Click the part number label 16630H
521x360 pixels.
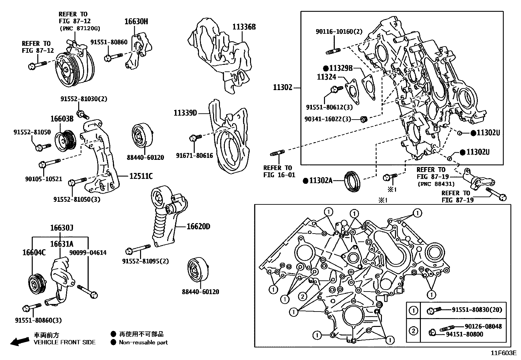(x=136, y=22)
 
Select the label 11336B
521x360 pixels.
(x=244, y=27)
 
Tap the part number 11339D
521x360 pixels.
(x=185, y=113)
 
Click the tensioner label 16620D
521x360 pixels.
(x=198, y=226)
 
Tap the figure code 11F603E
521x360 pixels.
(x=503, y=353)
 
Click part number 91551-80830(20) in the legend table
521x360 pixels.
(x=477, y=310)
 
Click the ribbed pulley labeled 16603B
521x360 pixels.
(x=65, y=141)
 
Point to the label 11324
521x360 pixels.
(x=326, y=77)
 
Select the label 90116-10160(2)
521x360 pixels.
(x=339, y=32)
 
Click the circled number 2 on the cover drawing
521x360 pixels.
(x=303, y=297)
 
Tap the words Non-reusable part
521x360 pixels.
(x=143, y=342)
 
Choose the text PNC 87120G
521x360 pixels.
(x=80, y=29)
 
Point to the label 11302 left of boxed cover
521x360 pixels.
(x=283, y=87)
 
